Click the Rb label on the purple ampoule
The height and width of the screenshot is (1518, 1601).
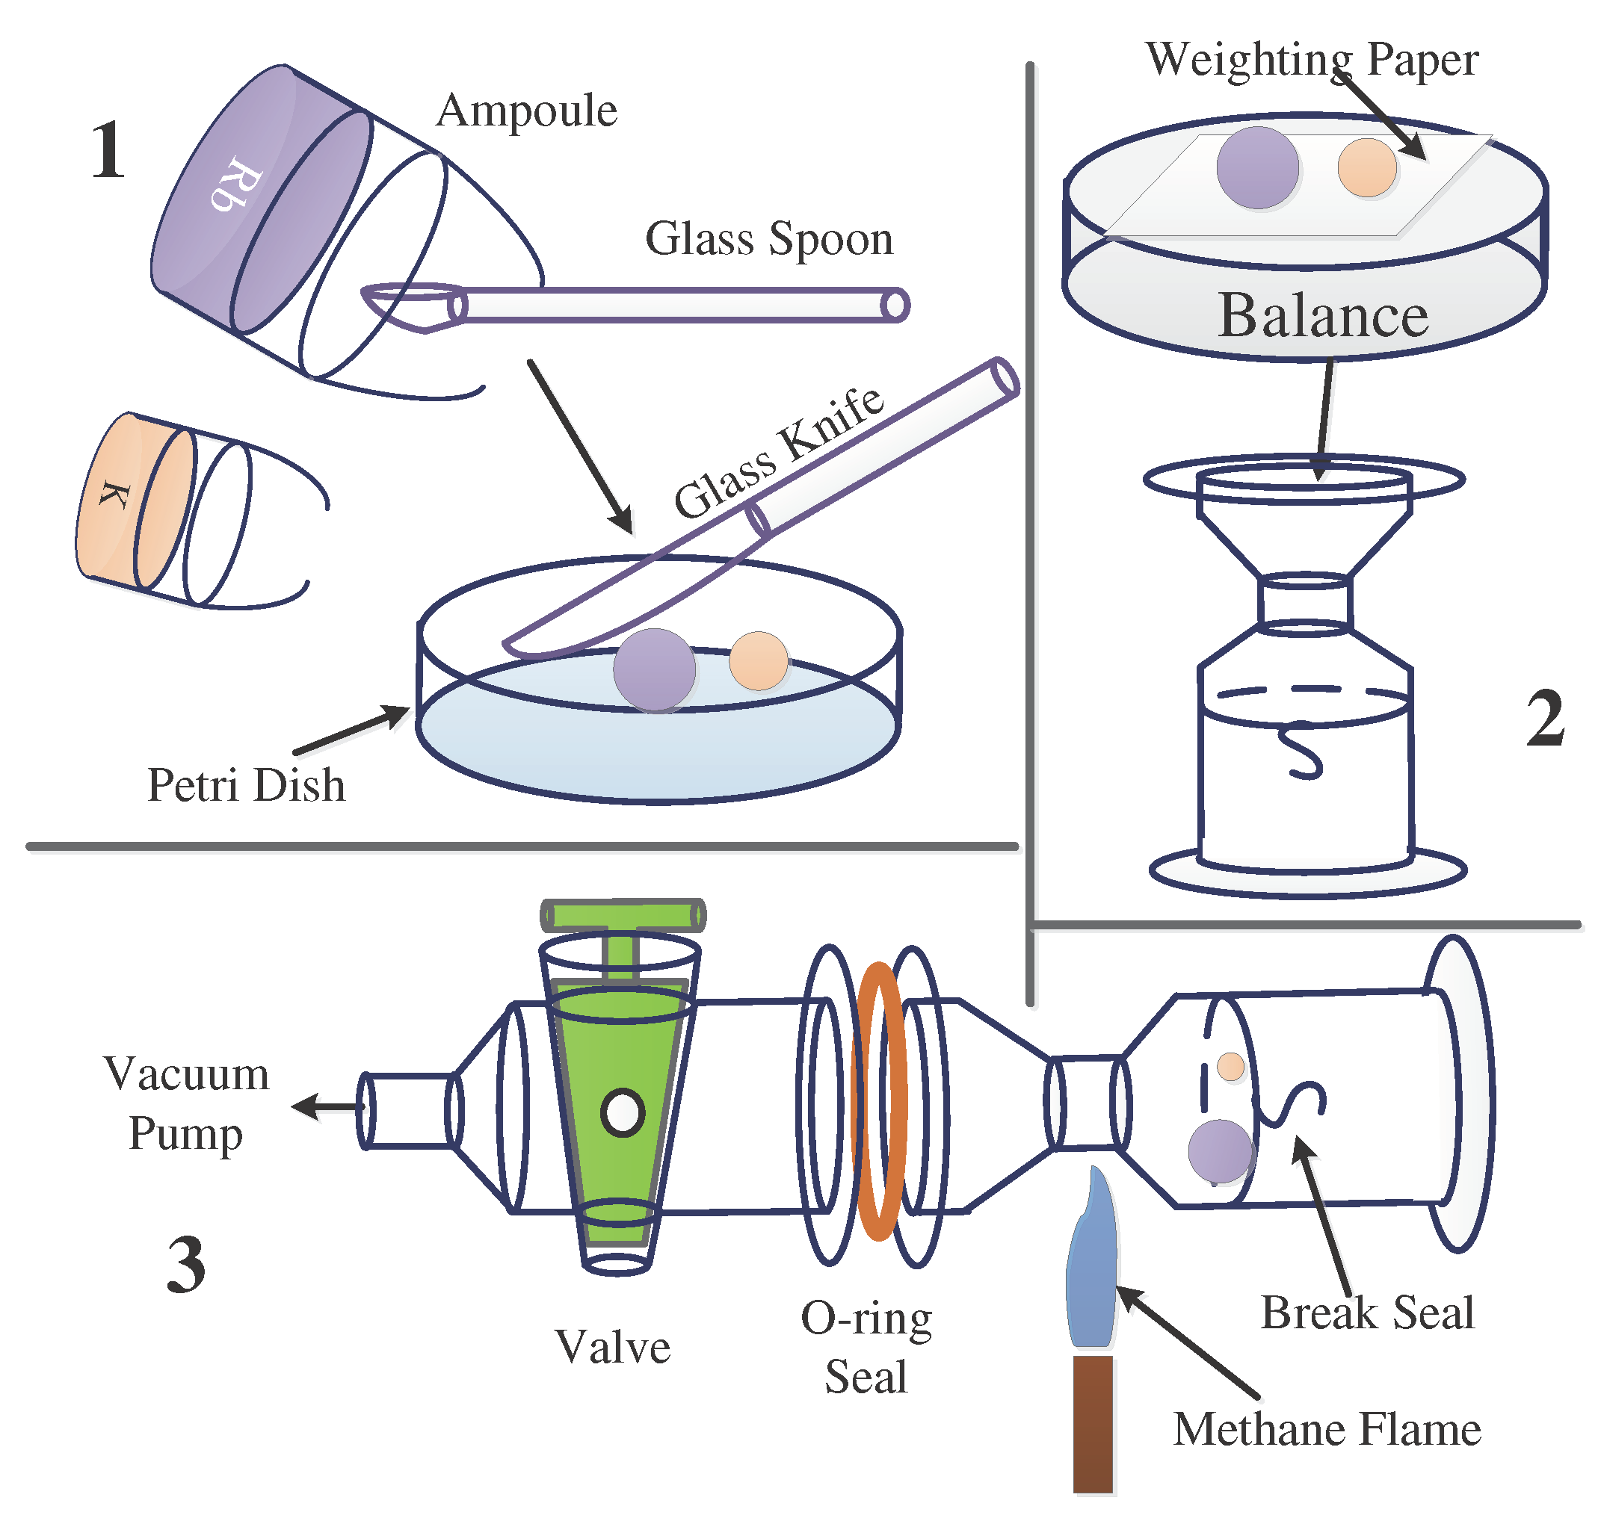235,184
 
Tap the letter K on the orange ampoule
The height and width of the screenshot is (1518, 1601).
114,495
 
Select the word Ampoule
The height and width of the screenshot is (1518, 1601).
526,111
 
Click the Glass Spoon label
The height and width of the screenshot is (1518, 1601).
768,240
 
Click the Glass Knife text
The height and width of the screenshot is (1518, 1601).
778,453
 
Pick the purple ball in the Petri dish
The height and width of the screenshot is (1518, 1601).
654,670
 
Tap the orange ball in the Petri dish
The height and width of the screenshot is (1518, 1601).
758,660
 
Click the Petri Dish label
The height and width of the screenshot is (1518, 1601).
246,785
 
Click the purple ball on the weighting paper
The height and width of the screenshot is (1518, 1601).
1257,167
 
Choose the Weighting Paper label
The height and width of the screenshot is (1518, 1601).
1311,60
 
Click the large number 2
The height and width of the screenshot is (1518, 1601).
1544,719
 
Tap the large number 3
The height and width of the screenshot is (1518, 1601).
186,1264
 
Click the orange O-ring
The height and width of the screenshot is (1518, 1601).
880,1100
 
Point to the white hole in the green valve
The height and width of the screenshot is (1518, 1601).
622,1112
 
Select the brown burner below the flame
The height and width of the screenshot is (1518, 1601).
1093,1424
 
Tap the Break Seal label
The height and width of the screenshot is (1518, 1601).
1367,1313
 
